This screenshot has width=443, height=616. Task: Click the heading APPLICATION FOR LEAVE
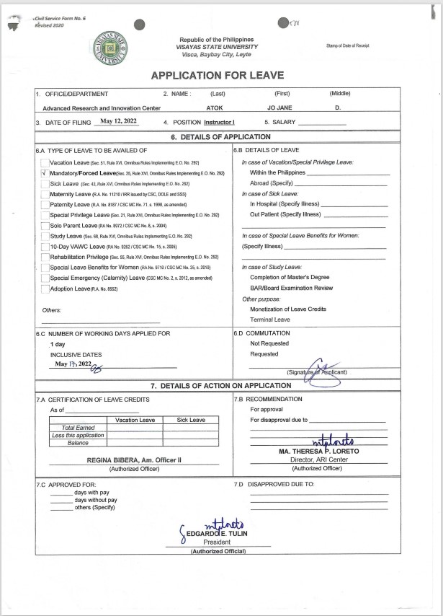[x=217, y=75]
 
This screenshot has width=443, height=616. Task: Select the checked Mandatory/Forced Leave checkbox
[x=45, y=174]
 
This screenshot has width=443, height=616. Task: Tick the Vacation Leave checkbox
[x=45, y=163]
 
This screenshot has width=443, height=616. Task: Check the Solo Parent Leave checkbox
[x=45, y=226]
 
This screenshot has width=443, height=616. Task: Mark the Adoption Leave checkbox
[x=45, y=289]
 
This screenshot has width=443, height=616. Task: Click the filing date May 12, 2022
[x=118, y=121]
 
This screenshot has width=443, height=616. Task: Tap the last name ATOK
[x=215, y=107]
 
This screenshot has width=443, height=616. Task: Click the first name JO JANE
[x=281, y=107]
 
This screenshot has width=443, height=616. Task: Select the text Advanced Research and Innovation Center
[x=101, y=107]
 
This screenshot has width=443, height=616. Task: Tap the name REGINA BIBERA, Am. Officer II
[x=134, y=459]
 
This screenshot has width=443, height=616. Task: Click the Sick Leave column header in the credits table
[x=191, y=420]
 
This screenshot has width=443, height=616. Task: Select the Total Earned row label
[x=79, y=428]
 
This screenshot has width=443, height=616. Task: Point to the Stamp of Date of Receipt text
[x=347, y=45]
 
